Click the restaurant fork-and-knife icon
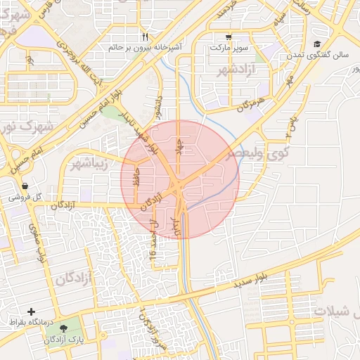[145, 37]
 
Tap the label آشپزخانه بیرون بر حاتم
[145, 47]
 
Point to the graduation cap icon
[318, 44]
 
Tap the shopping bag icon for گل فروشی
[25, 186]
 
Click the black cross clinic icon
[30, 311]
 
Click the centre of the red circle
[180, 180]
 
